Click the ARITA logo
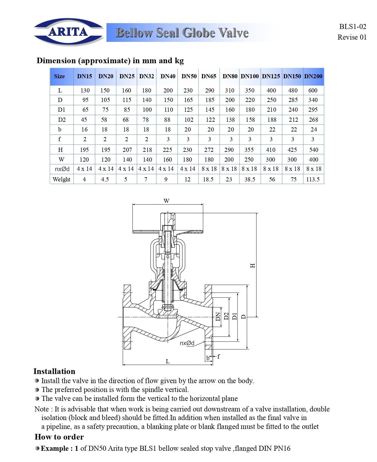coord(69,32)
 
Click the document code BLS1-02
coord(352,27)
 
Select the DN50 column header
coord(189,76)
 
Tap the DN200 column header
coord(313,76)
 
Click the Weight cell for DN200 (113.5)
coord(313,179)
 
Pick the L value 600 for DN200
coord(313,90)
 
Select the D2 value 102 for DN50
coord(189,120)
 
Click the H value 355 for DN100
coord(249,150)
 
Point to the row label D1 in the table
coord(62,110)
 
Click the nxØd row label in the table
coord(62,169)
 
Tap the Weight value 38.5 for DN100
coord(250,179)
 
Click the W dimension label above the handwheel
coord(166,201)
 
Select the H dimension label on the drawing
coord(253,265)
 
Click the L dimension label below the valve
coord(168,361)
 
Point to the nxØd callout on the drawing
coord(187,343)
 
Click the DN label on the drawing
coord(218,317)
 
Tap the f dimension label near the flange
coord(219,357)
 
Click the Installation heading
coord(54,371)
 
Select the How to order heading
coord(59,437)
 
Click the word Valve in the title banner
coord(232,33)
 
